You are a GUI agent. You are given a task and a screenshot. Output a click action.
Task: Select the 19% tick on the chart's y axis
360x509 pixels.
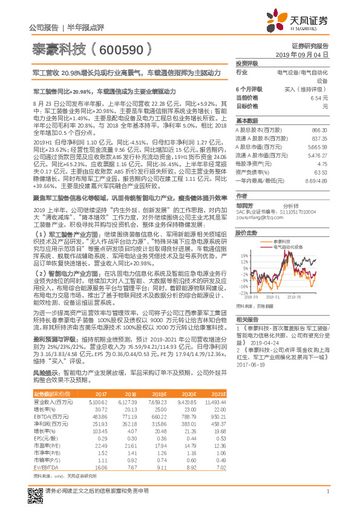(x=242, y=255)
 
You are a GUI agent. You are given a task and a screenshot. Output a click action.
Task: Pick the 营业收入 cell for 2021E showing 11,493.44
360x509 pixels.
(x=214, y=400)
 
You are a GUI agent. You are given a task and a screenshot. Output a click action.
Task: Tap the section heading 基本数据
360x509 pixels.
(x=247, y=120)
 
